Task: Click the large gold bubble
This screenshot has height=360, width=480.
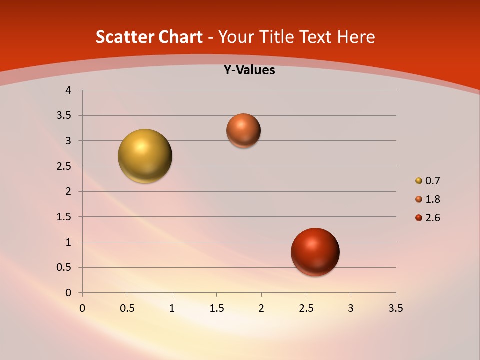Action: pos(145,156)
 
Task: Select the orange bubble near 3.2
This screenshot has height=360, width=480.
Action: pos(244,130)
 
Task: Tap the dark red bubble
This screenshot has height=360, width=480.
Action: pos(315,252)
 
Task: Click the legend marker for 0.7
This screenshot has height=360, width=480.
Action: pos(419,181)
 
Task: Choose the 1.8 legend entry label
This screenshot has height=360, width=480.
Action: pos(432,199)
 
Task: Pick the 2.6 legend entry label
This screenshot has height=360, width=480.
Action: pos(432,218)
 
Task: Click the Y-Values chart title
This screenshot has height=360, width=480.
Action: pos(249,70)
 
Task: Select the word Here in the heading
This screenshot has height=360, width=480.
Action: pos(356,37)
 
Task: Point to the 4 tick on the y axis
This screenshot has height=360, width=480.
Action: pos(68,90)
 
